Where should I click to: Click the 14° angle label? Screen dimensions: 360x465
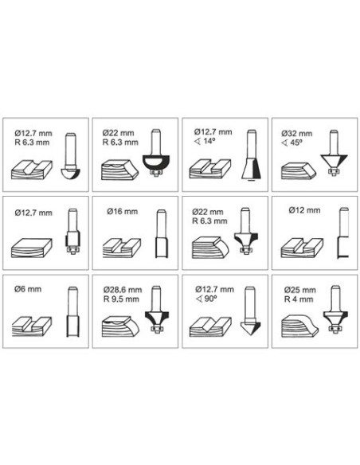205,141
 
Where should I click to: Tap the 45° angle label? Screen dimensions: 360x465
292,143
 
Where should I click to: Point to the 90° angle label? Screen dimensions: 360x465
207,299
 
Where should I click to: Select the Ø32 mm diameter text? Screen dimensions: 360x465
297,134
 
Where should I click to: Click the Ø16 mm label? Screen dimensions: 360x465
122,212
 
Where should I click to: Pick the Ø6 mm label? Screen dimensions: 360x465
28,289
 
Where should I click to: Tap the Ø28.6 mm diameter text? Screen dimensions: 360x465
123,290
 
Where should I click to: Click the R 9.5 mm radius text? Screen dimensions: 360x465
121,299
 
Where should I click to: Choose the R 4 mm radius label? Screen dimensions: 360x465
299,299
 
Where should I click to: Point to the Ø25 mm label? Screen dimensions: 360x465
299,290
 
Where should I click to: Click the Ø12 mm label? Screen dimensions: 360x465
304,210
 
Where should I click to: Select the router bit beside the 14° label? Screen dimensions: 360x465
252,154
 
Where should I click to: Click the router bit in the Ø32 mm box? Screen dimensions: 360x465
335,152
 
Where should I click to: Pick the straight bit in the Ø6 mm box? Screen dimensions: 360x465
72,311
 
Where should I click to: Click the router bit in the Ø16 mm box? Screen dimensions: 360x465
162,233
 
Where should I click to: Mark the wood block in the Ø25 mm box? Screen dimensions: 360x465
299,326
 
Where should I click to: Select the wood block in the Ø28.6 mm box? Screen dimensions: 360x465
120,326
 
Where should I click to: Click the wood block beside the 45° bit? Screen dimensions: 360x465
299,170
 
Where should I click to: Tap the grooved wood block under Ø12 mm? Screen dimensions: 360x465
302,248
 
